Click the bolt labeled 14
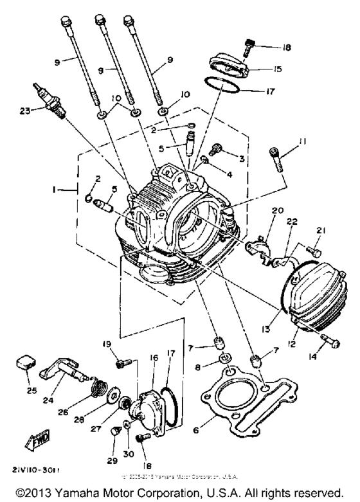click(x=328, y=340)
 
